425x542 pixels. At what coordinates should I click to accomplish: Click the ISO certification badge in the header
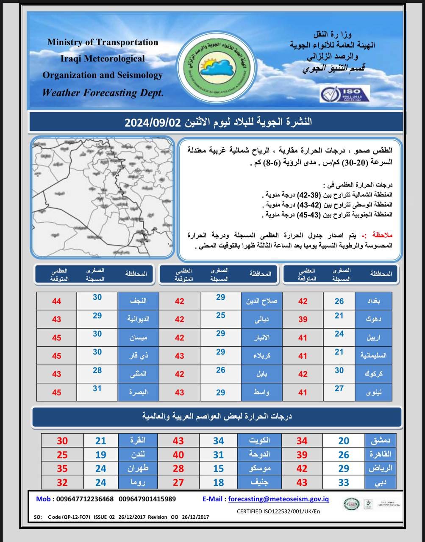click(x=344, y=94)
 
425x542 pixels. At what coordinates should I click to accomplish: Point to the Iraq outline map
click(x=103, y=197)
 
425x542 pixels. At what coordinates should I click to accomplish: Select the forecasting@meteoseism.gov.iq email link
click(x=278, y=499)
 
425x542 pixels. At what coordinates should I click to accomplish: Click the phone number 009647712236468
click(x=85, y=499)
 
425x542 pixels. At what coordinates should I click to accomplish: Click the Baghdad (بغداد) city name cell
click(x=373, y=301)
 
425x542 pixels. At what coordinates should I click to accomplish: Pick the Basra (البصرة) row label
click(x=139, y=392)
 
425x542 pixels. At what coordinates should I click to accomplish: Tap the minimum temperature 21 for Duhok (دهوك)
click(x=339, y=316)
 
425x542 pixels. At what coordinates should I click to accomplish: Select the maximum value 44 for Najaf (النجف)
click(x=56, y=301)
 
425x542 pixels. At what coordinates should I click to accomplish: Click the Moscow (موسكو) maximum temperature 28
click(x=178, y=469)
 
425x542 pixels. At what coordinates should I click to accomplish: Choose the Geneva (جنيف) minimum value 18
click(x=218, y=482)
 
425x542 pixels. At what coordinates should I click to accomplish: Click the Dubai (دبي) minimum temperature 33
click(x=344, y=482)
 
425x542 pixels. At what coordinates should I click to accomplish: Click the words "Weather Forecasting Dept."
click(x=103, y=93)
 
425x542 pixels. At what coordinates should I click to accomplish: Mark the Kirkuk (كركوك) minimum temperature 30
click(x=339, y=371)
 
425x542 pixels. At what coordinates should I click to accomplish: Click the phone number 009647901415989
click(x=147, y=499)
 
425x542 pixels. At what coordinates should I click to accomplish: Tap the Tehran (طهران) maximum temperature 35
click(x=62, y=469)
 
